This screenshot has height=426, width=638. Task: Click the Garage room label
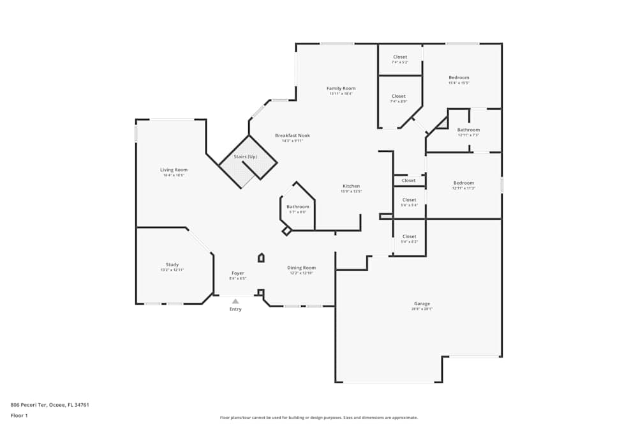[422, 303]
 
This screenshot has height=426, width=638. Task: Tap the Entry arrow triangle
[235, 301]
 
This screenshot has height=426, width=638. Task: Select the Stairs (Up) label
[246, 156]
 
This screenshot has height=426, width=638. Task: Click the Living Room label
[174, 170]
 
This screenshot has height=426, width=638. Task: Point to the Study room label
[172, 264]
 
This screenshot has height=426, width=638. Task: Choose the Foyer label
[237, 273]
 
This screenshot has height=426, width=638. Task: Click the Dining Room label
[301, 268]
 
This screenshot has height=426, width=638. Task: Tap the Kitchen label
[351, 186]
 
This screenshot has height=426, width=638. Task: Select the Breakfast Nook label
[292, 135]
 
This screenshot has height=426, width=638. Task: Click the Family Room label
[341, 88]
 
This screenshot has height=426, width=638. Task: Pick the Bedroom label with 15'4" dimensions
[459, 78]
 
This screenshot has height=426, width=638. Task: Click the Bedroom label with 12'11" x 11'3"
[464, 183]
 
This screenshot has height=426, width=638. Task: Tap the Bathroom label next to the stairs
[297, 206]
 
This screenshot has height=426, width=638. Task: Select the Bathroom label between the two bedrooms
[468, 130]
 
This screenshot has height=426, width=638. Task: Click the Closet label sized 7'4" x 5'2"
[399, 57]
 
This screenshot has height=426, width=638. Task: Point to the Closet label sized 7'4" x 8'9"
[398, 96]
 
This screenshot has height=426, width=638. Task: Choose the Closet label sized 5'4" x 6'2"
[409, 236]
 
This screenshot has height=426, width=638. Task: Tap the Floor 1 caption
[20, 415]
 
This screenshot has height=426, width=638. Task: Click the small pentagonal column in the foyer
[261, 257]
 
